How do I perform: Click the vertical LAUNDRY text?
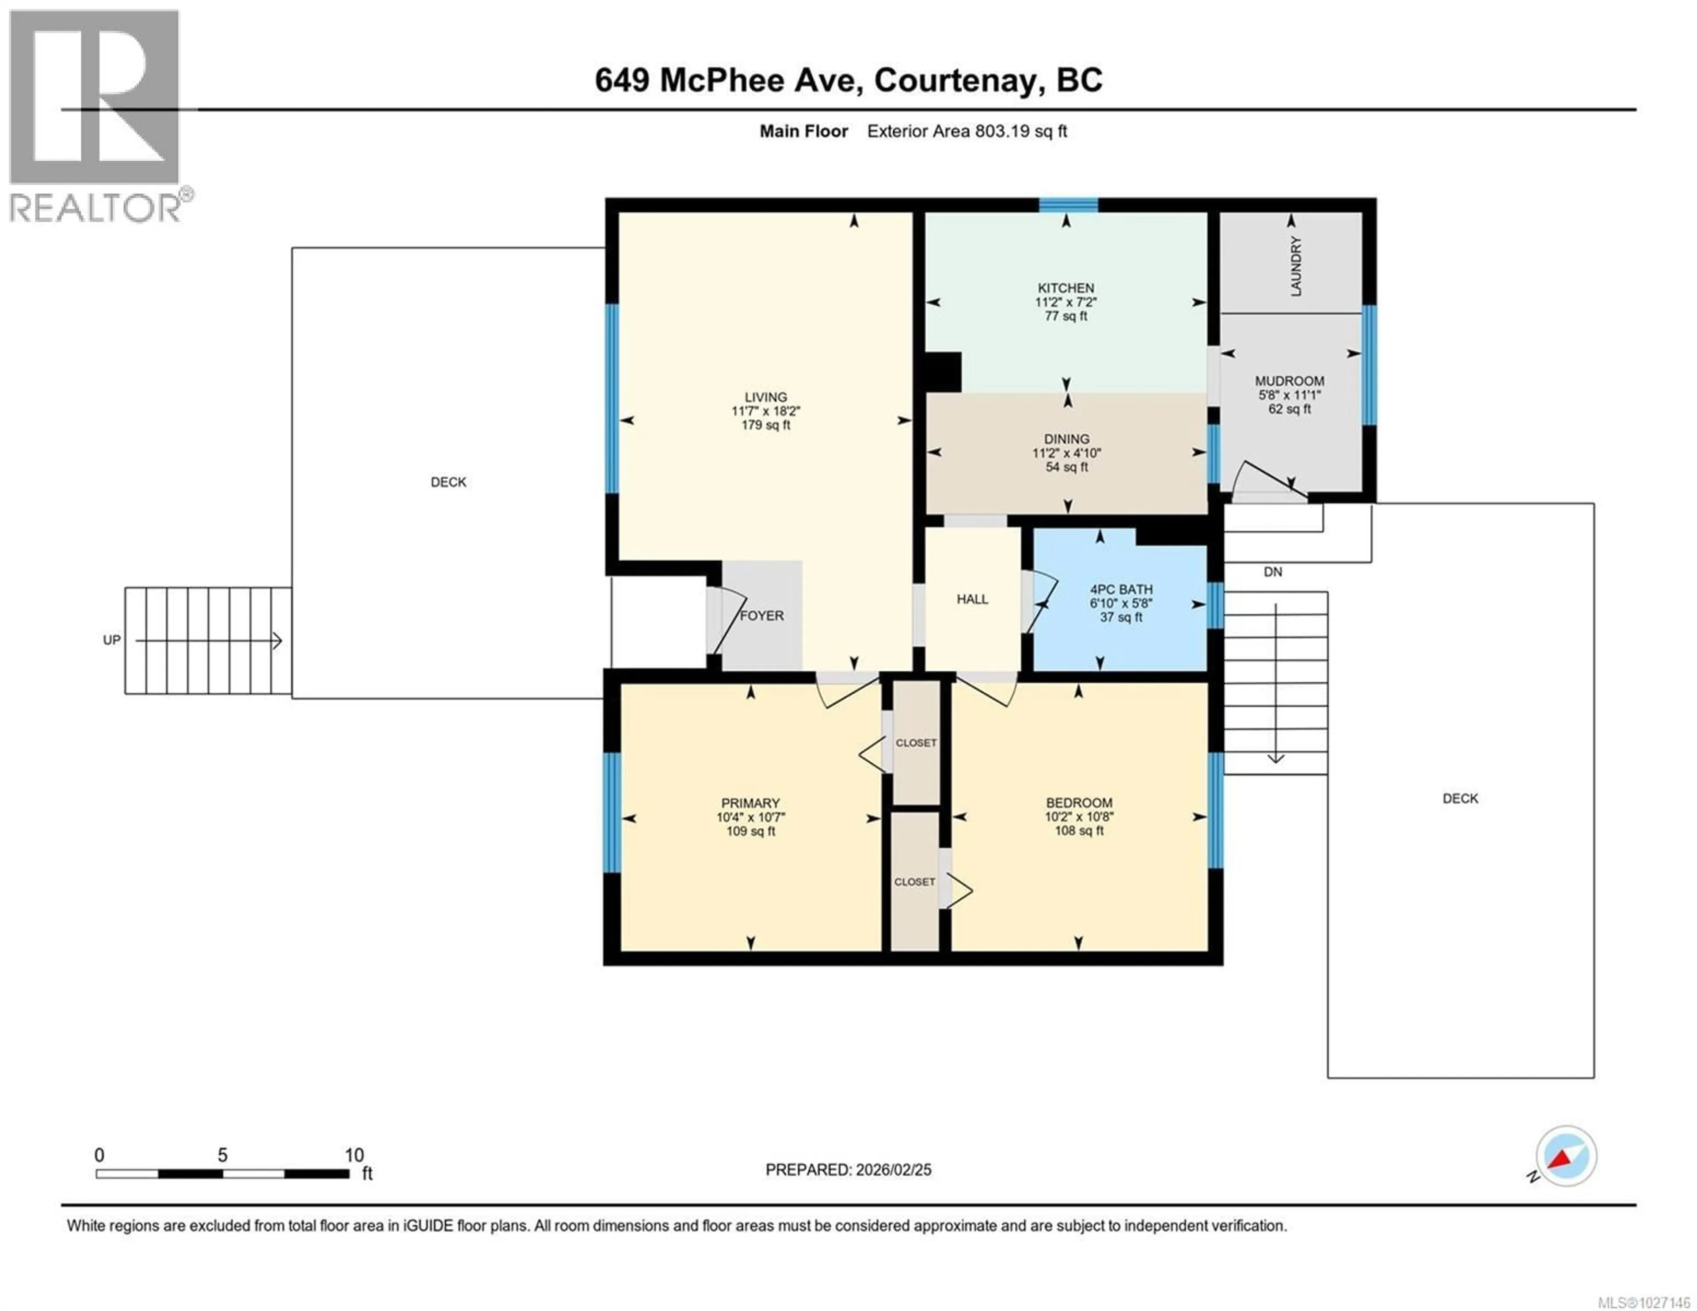[1295, 266]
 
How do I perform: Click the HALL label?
[972, 599]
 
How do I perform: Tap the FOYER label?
[761, 616]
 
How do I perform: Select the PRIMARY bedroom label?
[750, 803]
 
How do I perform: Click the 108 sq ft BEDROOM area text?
[1078, 831]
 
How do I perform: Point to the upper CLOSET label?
[916, 743]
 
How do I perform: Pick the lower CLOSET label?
[914, 882]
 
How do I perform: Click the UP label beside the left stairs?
[112, 639]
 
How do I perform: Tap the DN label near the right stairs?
[1273, 572]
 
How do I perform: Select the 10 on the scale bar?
[354, 1155]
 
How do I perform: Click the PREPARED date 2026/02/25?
[892, 1170]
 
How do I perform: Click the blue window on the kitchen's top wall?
[1069, 205]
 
